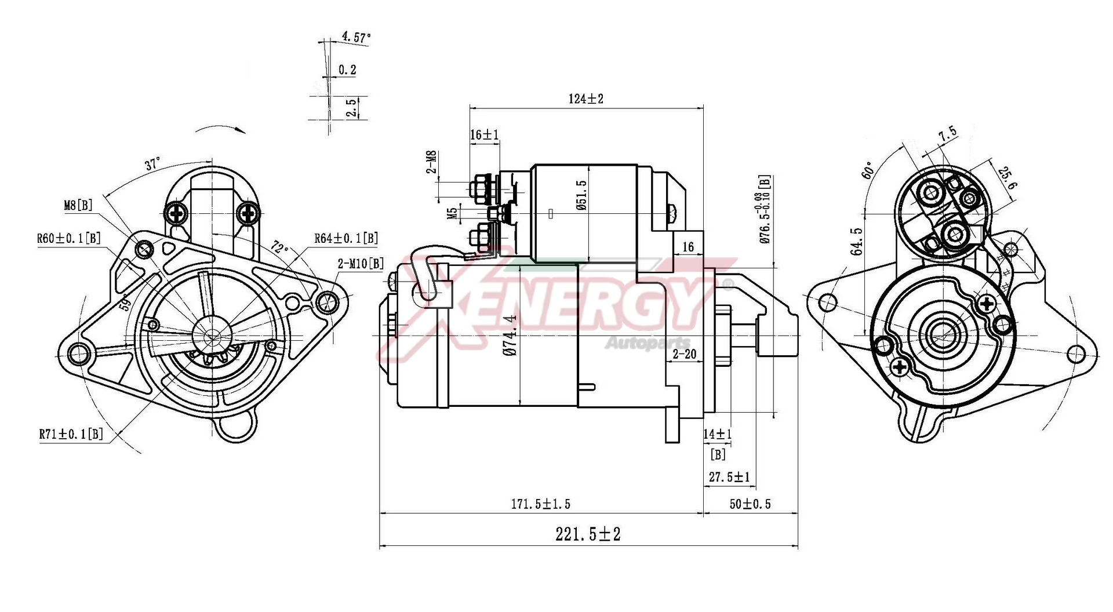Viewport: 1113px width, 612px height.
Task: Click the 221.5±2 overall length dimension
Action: pos(588,534)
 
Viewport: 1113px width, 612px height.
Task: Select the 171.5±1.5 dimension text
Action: pos(540,504)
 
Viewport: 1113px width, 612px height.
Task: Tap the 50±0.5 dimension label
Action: pos(750,504)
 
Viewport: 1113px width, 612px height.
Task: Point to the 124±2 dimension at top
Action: pos(585,99)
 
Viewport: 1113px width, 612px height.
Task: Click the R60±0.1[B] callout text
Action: pos(68,238)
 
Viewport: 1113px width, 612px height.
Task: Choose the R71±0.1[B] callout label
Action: pos(71,434)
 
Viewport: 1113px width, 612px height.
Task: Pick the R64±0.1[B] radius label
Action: pos(346,238)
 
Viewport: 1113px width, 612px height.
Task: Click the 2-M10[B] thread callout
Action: pos(361,264)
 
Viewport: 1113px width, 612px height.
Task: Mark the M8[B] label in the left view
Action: pos(78,205)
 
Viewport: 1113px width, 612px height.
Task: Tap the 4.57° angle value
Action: pos(356,38)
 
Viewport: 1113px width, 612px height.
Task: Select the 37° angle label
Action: pos(152,164)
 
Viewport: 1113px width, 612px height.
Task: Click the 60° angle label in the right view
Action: pos(868,170)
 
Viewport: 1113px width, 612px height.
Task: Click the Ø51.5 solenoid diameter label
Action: pos(582,195)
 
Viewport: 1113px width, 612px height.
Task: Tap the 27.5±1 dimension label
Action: pos(729,477)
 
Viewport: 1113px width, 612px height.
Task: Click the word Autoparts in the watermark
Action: pos(648,344)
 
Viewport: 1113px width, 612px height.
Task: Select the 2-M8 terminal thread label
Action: pos(432,162)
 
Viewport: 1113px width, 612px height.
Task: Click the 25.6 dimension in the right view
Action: pos(1007,178)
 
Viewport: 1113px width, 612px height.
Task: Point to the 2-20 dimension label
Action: pos(685,354)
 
